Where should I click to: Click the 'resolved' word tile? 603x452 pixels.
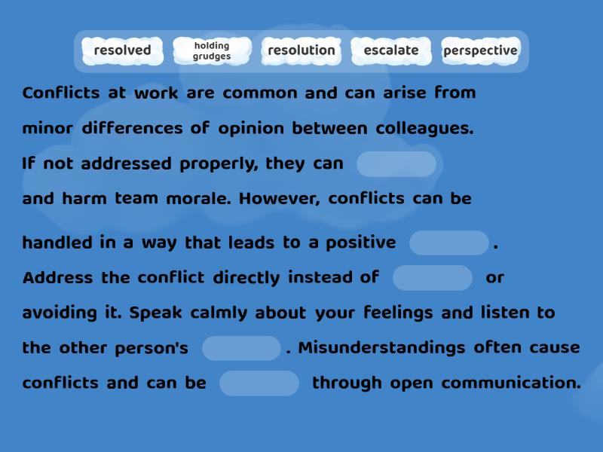(122, 50)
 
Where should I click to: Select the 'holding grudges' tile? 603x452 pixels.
(212, 50)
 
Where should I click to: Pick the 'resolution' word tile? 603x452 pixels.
(301, 50)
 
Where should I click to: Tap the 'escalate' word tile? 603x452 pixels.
(390, 50)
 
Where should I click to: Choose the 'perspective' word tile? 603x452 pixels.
(480, 50)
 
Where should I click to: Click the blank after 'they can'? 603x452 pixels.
(396, 163)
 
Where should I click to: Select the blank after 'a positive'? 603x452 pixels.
(449, 243)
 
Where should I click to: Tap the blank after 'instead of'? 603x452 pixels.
(433, 277)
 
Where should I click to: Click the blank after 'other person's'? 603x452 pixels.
(242, 348)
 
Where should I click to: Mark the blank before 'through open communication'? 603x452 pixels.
(259, 383)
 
